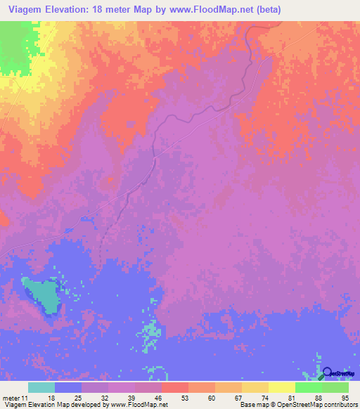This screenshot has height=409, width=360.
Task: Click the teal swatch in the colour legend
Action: (x=41, y=387)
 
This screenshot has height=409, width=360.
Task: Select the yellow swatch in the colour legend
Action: (x=281, y=387)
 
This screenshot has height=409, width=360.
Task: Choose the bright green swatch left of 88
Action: (x=308, y=387)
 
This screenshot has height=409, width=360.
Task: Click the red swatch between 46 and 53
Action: (x=174, y=387)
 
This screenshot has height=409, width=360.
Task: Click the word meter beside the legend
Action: (x=13, y=398)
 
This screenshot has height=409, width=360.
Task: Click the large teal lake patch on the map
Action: (x=41, y=293)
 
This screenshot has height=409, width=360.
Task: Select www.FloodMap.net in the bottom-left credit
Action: (x=137, y=405)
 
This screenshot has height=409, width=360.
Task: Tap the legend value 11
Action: (x=28, y=398)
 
